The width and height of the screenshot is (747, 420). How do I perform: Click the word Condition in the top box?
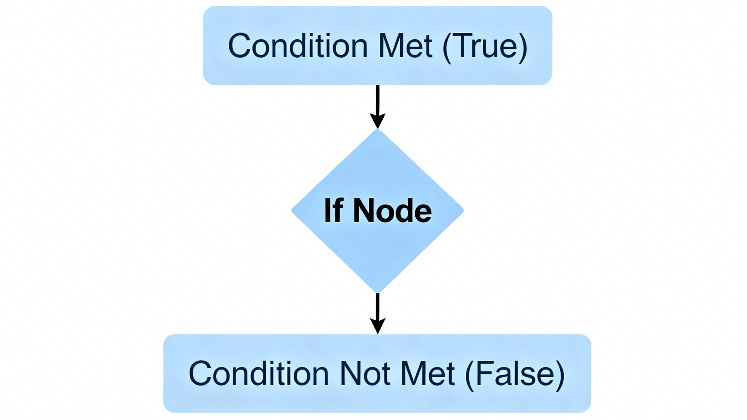[x=298, y=46]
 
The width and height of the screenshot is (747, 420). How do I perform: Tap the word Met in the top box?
[x=405, y=46]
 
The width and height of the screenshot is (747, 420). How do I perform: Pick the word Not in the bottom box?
[x=365, y=374]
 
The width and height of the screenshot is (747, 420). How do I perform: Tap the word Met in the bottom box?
[x=428, y=374]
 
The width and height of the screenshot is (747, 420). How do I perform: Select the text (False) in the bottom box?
[x=515, y=374]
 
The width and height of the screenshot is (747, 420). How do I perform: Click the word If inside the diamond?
[x=333, y=211]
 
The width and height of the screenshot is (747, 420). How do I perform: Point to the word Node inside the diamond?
[x=392, y=211]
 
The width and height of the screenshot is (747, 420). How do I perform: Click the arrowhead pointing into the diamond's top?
[x=377, y=120]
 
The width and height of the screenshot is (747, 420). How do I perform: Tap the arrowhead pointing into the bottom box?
[x=377, y=325]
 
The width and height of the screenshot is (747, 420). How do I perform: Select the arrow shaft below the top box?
[x=377, y=99]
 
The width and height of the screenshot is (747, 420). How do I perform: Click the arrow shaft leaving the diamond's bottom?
[x=377, y=306]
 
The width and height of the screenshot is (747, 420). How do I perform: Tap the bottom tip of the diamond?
[x=377, y=290]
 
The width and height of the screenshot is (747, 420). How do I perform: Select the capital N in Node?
[x=364, y=211]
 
